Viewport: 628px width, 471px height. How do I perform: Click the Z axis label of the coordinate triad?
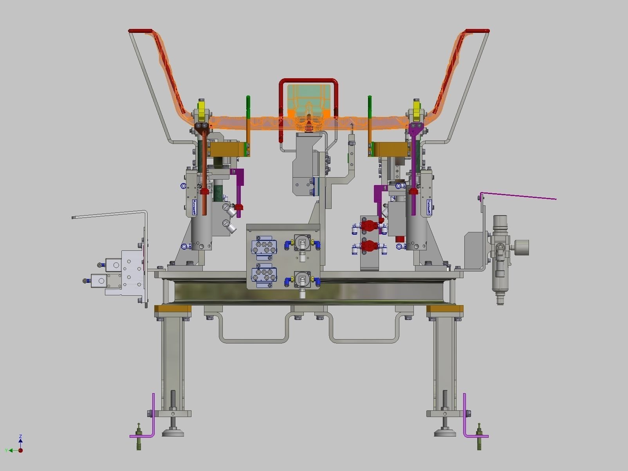click(20, 436)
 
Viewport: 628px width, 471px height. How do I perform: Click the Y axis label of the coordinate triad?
click(6, 451)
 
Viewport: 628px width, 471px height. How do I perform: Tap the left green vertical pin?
click(248, 106)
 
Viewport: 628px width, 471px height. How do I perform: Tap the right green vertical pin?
click(370, 106)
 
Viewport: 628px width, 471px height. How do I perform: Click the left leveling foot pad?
click(173, 433)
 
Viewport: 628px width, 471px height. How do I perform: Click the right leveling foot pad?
click(445, 433)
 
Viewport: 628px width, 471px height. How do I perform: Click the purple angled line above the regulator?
click(517, 196)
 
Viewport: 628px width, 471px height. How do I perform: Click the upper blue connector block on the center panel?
click(264, 248)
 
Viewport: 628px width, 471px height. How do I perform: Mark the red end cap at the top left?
click(140, 31)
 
